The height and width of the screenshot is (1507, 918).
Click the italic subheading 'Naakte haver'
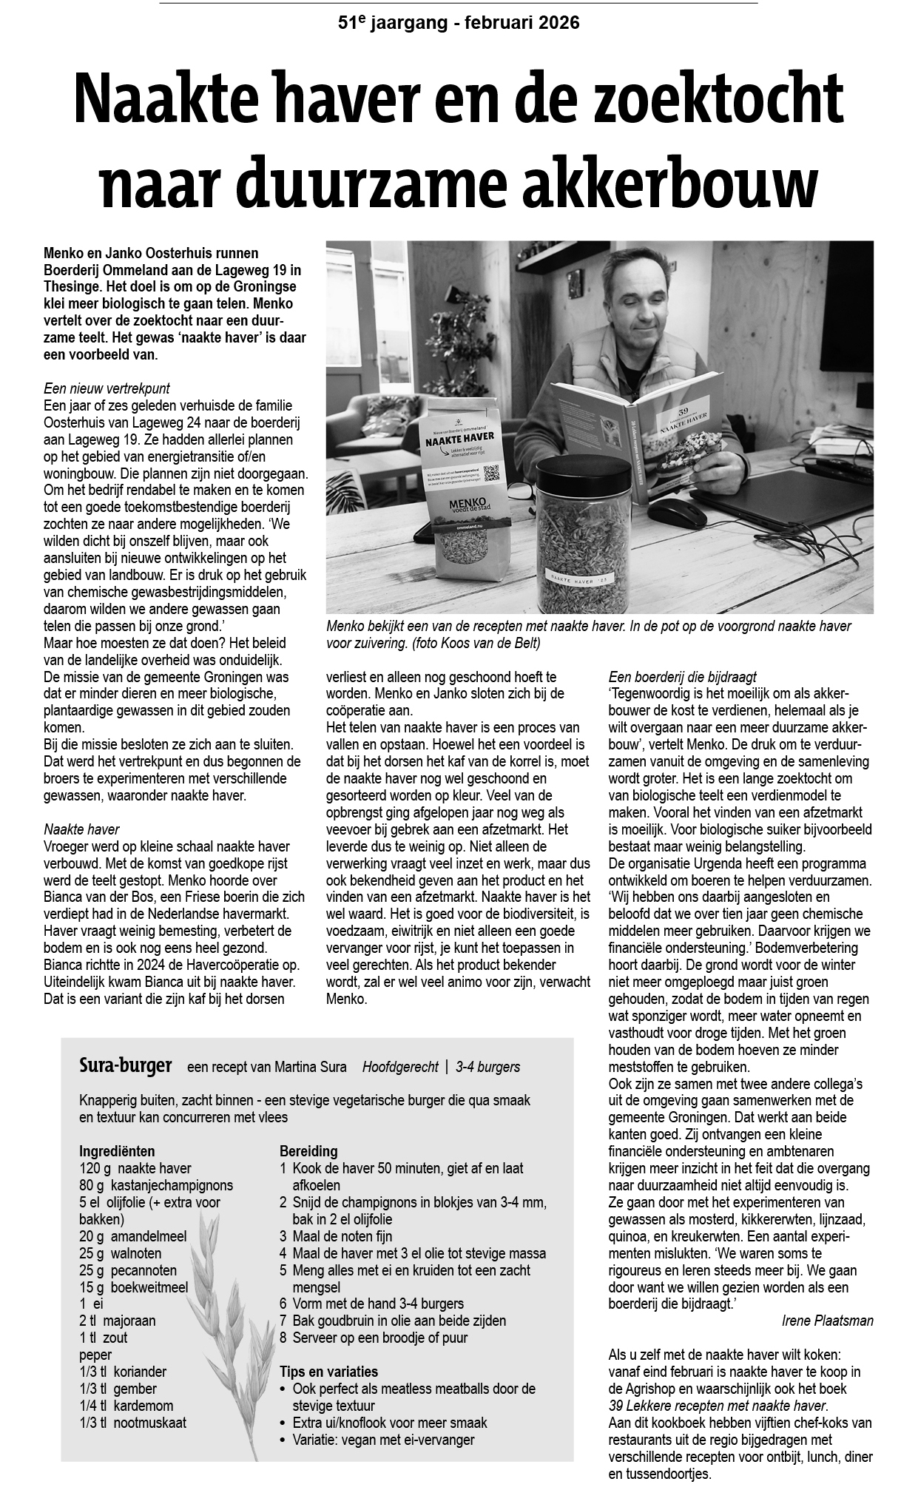(x=81, y=829)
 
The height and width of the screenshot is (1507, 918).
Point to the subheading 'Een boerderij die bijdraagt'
(x=682, y=678)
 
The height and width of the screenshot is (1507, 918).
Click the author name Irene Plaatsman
(x=827, y=1321)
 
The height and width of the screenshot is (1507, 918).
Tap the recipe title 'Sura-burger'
(x=125, y=1066)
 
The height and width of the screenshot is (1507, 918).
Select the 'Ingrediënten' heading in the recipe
(x=117, y=1151)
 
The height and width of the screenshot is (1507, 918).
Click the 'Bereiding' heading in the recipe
(x=308, y=1151)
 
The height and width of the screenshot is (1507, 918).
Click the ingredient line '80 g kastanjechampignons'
(x=156, y=1185)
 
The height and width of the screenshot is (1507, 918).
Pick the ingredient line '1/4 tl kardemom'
(x=126, y=1406)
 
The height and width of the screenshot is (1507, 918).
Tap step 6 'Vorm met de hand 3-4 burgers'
(x=371, y=1304)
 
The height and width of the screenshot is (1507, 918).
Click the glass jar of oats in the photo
(x=584, y=533)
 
